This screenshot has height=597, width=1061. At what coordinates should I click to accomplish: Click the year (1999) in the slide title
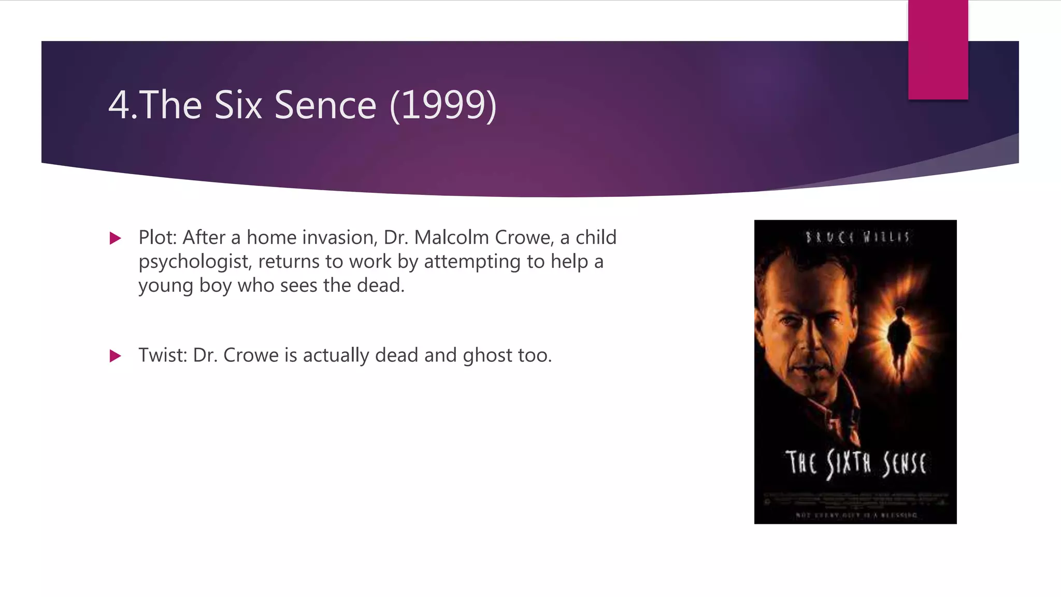[443, 105]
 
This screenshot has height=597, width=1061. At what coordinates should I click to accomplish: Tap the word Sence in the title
[325, 105]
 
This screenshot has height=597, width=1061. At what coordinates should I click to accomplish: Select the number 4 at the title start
[118, 105]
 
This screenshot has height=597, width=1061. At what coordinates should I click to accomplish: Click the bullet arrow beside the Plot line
[116, 238]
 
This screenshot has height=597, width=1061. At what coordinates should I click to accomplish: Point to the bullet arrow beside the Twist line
[116, 356]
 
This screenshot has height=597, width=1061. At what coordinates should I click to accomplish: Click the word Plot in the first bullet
[157, 237]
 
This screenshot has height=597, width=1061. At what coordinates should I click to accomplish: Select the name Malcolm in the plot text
[451, 237]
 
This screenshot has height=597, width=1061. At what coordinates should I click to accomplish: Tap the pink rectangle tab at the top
[938, 49]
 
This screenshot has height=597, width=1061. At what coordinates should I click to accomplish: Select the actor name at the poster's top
[857, 237]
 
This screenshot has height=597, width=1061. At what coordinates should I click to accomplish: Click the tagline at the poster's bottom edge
[856, 515]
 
